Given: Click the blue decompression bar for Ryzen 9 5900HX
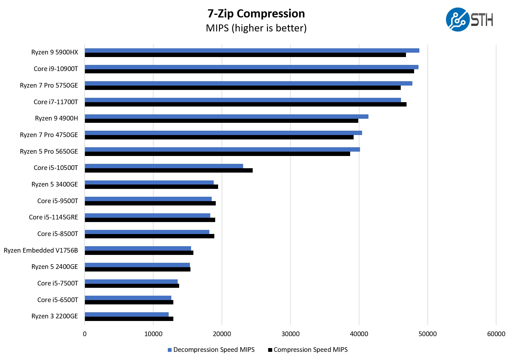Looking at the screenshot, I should coord(252,50).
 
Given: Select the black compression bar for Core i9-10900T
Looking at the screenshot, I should coord(249,71).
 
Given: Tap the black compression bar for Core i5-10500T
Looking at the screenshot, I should coord(169,170).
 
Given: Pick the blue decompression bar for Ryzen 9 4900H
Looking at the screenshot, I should coord(227,116).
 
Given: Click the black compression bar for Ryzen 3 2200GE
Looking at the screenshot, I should coord(129,319).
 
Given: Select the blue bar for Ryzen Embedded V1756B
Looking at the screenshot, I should coord(138,248).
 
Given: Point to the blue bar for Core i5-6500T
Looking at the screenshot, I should coord(128,298).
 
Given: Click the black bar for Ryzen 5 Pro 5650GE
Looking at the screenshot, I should coord(217,154).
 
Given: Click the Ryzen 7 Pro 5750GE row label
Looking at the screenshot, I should coord(49,85).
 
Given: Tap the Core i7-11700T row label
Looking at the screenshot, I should coord(56,102).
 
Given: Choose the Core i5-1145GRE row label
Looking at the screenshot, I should coord(54,217).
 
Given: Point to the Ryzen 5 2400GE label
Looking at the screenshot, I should coord(55,267).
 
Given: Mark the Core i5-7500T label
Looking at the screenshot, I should coord(58,283).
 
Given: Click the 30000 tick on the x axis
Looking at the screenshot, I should coord(290,334).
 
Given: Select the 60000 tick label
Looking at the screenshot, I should coord(496,334).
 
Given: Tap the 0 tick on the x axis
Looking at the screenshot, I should coord(85,334).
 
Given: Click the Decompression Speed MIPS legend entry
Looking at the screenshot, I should coord(211,350).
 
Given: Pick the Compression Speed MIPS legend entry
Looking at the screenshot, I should coord(308,350).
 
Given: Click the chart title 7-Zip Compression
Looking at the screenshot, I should coord(256,14).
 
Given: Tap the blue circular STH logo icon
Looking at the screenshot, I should coord(457,19).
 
